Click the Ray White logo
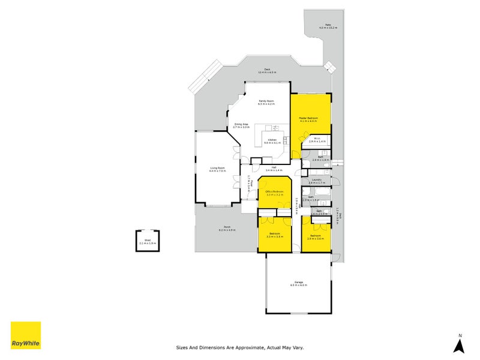click(26, 335)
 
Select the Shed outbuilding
click(148, 241)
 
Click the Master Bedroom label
click(308, 119)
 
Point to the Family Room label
click(266, 102)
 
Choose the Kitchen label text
click(272, 141)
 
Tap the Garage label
click(298, 283)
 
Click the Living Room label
click(217, 169)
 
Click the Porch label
click(226, 229)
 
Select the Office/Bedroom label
click(274, 193)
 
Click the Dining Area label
click(241, 125)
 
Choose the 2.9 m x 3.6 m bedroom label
click(316, 237)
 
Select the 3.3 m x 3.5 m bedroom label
click(274, 235)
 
